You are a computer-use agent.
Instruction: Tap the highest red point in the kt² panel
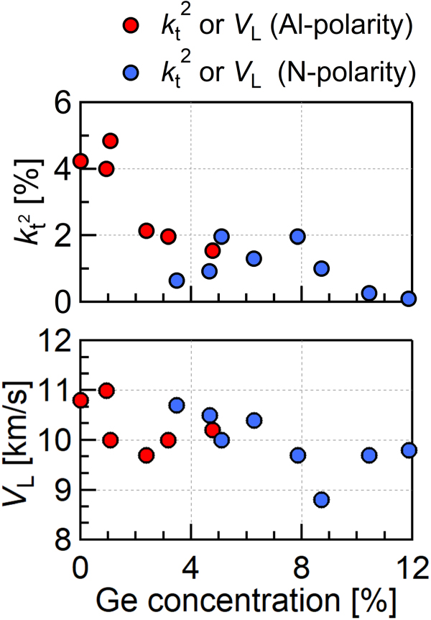point(110,140)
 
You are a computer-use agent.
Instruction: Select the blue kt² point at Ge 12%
point(409,298)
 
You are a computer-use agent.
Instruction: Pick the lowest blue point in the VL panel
point(321,499)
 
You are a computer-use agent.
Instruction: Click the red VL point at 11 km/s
point(106,391)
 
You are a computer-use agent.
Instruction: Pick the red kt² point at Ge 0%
point(80,161)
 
